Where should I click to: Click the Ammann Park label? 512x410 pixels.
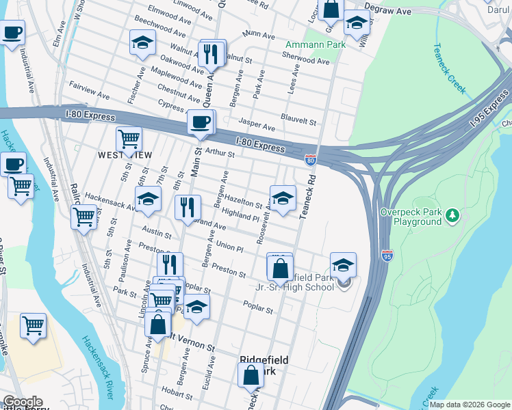click(x=315, y=45)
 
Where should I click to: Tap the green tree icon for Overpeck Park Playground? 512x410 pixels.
click(x=451, y=217)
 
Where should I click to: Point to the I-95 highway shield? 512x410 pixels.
click(x=387, y=256)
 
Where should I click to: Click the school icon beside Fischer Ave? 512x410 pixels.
click(x=142, y=43)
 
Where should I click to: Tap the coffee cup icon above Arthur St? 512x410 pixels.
click(x=200, y=123)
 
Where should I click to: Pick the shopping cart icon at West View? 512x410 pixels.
click(x=129, y=139)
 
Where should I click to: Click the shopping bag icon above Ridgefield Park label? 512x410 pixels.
click(x=251, y=375)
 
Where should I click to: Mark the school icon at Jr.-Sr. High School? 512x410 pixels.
click(x=344, y=266)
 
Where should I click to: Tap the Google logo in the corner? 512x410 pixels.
click(x=23, y=402)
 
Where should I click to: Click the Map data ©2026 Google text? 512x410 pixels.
click(x=469, y=405)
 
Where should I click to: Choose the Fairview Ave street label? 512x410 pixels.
click(x=89, y=90)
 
